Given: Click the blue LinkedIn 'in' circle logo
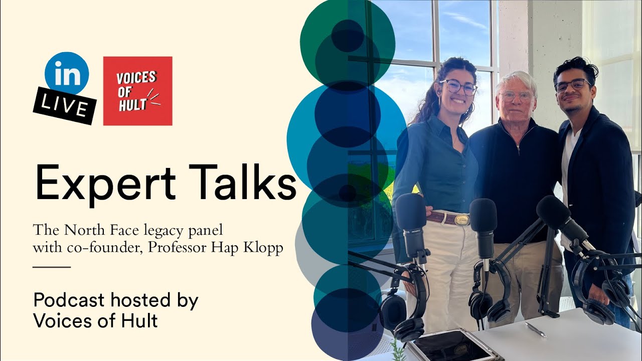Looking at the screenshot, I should point(67,73).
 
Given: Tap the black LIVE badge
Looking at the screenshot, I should point(65,105).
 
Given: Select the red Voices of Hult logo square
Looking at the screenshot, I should point(137,91).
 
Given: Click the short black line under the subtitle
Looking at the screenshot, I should point(52,267).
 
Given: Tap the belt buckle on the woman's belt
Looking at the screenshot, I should point(461,219).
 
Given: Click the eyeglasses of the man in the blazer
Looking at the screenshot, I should point(573,86).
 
